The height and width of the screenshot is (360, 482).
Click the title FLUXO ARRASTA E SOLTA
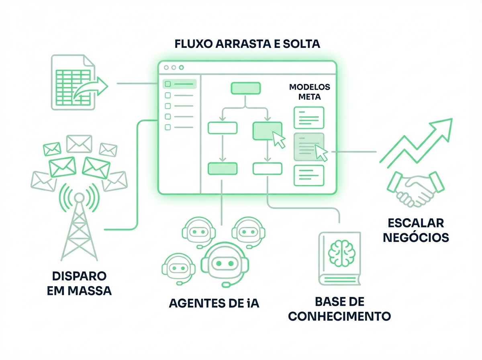point(247,44)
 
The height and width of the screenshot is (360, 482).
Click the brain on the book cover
point(339,252)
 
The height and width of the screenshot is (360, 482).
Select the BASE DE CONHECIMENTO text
point(339,309)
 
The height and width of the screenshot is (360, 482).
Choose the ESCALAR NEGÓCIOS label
point(416,230)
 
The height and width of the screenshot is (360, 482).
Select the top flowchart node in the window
point(245,88)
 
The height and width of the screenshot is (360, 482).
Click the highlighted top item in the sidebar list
point(180,84)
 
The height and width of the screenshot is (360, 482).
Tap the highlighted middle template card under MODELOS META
point(309,147)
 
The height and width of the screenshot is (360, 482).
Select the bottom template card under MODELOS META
point(308,175)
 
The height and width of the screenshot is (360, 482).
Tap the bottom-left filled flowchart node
point(222,169)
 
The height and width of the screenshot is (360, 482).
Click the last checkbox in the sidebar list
point(168,127)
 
